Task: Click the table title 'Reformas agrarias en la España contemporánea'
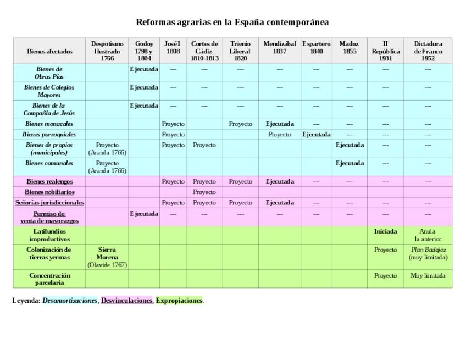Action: pos(232,23)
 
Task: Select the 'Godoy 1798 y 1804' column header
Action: pos(144,51)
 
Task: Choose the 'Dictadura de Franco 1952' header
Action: pos(428,51)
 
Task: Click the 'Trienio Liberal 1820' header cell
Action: pos(240,51)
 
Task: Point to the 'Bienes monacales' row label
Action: pos(49,124)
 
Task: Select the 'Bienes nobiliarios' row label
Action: pos(49,192)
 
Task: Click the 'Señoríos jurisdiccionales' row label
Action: pos(49,203)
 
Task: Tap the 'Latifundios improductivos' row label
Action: pos(49,235)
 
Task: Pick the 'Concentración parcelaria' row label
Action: pos(49,279)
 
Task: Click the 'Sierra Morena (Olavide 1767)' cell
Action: pos(107,257)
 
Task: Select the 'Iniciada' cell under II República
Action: pos(385,232)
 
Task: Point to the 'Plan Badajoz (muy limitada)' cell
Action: pos(428,253)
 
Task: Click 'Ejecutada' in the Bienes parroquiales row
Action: pos(316,135)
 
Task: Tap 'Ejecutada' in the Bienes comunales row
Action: pos(349,163)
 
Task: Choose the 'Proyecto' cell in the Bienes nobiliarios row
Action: pos(204,192)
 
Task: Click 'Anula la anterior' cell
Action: pos(428,235)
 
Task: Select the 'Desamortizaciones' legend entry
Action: pos(70,301)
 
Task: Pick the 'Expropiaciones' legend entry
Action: pos(179,301)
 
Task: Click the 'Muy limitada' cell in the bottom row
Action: pos(428,276)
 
